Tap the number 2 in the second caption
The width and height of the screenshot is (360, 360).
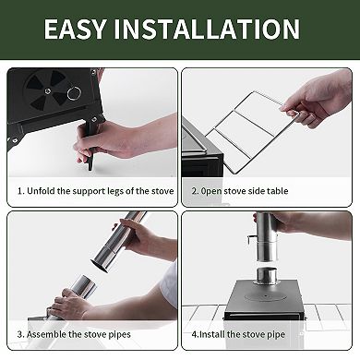click(195, 191)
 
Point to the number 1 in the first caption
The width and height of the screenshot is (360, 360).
click(20, 191)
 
